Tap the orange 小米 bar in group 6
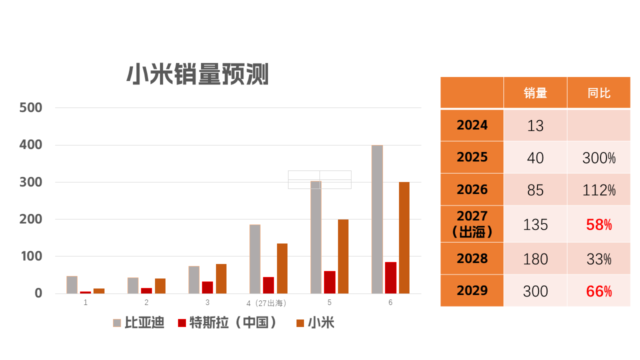tap(404, 237)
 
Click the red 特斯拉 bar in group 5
tap(329, 282)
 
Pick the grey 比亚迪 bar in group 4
tap(255, 259)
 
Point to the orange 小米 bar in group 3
tap(221, 278)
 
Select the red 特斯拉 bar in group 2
tap(146, 290)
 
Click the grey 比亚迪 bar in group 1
tap(72, 284)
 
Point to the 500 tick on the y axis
tap(30, 108)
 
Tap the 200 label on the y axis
tap(30, 219)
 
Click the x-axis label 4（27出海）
tap(266, 303)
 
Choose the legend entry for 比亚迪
tap(138, 323)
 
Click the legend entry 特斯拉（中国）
tap(228, 323)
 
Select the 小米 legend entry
tap(315, 323)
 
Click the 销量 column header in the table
tap(535, 93)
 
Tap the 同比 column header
tap(598, 93)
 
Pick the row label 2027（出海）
tap(472, 224)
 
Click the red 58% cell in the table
tap(598, 224)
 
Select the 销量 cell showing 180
tap(535, 259)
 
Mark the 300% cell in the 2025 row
tap(598, 158)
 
